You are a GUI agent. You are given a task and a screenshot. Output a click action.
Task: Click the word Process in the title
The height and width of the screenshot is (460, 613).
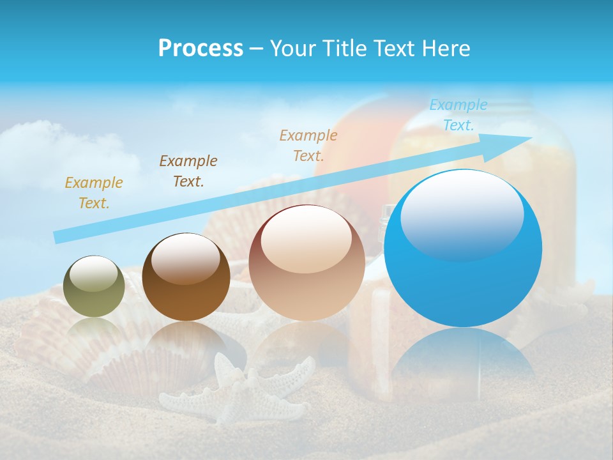[201, 48]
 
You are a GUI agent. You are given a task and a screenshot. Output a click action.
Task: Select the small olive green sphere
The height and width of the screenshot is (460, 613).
[95, 286]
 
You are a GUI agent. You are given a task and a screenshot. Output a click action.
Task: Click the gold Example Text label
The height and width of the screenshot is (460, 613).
[94, 193]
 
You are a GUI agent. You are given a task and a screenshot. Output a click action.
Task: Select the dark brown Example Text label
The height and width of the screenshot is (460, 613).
[188, 171]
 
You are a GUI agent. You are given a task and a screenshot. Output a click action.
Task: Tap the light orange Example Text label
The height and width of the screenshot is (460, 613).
[308, 145]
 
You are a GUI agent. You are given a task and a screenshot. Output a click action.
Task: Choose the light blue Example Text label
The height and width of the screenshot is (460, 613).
[458, 115]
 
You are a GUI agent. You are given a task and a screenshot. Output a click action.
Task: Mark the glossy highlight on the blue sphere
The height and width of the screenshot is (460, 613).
[462, 214]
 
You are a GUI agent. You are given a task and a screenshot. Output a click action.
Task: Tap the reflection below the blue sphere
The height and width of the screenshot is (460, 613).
[463, 358]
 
